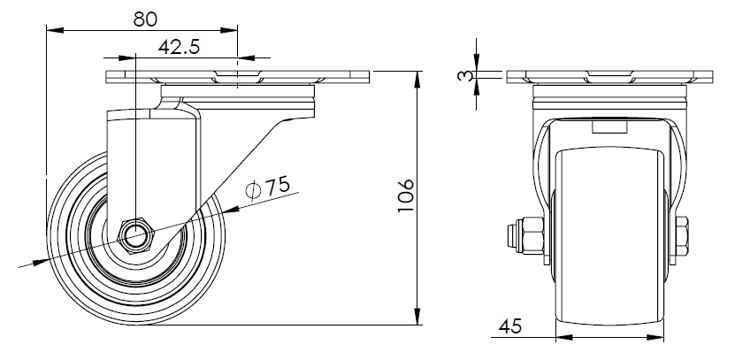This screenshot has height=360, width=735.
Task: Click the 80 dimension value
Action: pos(145,19)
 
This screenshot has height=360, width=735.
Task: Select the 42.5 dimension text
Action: pos(179,47)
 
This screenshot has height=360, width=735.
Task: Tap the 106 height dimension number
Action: pos(406,195)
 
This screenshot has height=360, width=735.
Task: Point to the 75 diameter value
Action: pos(278,186)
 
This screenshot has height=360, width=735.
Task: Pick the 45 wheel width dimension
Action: pos(510,326)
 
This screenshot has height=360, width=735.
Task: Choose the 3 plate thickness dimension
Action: pos(465,75)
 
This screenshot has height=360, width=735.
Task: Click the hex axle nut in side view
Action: pos(136,236)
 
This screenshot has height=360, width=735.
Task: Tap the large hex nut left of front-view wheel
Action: pos(533,236)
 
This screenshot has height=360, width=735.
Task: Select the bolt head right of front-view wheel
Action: pos(682,236)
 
